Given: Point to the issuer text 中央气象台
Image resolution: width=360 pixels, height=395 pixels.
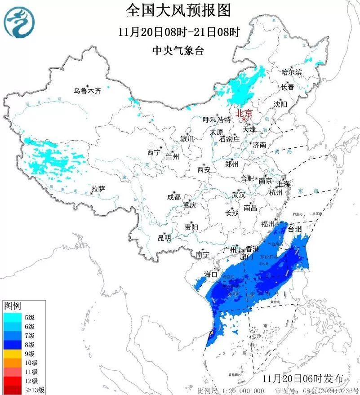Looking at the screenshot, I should pyautogui.click(x=178, y=51).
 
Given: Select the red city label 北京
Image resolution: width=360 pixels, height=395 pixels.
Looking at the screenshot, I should pyautogui.click(x=244, y=113).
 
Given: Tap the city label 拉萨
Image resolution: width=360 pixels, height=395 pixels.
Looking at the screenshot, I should pyautogui.click(x=98, y=188).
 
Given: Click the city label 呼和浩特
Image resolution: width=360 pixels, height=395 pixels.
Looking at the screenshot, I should pyautogui.click(x=217, y=120).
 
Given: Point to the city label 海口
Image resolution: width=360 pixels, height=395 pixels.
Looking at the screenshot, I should pyautogui.click(x=211, y=274).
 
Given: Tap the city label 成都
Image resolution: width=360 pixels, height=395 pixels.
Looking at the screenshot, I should pyautogui.click(x=173, y=197).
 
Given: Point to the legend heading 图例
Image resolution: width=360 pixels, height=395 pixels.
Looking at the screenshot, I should pyautogui.click(x=12, y=306).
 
